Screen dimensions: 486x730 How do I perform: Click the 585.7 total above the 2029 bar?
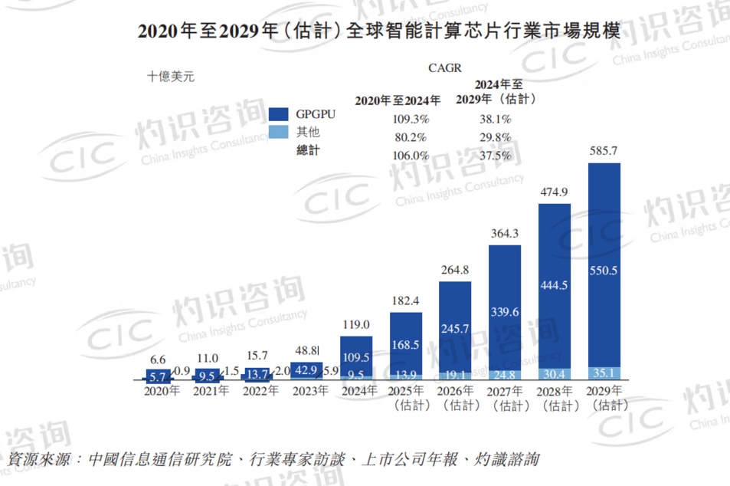coord(602,150)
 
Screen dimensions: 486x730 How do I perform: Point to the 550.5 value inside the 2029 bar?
coord(602,271)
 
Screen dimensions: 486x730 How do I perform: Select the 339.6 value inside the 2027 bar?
coord(504,312)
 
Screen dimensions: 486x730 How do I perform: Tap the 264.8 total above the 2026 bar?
coord(455,270)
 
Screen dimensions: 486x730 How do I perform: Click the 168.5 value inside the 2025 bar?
coord(406,345)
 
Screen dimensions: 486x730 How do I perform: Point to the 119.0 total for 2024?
coord(356,324)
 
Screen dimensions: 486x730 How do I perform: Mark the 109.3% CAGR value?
coord(411,120)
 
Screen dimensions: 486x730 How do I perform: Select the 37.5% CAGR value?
coord(494,155)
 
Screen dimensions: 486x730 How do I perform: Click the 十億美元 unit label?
coord(172,76)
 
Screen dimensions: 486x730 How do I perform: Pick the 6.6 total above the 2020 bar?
coord(159,360)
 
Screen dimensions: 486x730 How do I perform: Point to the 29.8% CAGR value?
coord(494,137)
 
